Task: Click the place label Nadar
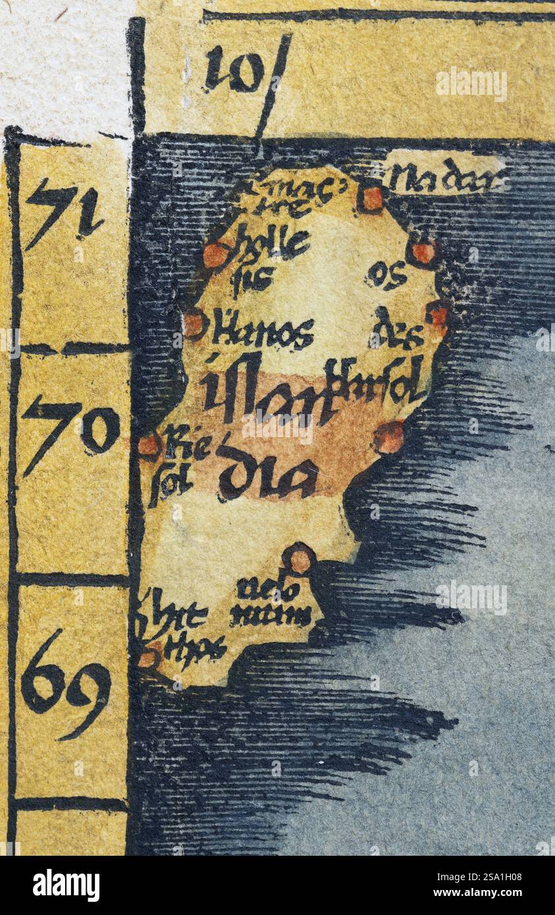coord(446,178)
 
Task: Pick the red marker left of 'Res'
coord(149,445)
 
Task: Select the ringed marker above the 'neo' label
coord(300,561)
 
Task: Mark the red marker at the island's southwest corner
coord(149,657)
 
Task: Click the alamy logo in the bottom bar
coord(66,885)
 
